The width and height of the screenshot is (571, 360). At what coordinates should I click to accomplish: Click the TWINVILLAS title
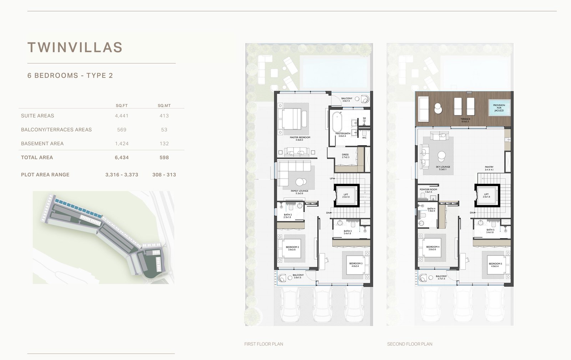point(75,47)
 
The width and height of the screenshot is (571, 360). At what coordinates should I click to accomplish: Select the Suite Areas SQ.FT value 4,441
point(122,116)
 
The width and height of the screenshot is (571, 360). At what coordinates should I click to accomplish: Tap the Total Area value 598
point(164,157)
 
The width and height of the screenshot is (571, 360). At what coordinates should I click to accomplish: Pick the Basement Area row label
point(42,144)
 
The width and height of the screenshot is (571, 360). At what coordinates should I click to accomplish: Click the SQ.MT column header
point(164,106)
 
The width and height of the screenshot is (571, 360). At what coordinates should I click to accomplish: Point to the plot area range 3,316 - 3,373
point(122,175)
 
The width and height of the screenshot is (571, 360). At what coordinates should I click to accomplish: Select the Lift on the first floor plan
point(346,195)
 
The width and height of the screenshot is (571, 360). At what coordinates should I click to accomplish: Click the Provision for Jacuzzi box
point(499,107)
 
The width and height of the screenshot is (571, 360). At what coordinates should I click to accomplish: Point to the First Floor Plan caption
point(264,344)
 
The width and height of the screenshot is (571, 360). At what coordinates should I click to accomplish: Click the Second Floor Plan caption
point(410,344)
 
